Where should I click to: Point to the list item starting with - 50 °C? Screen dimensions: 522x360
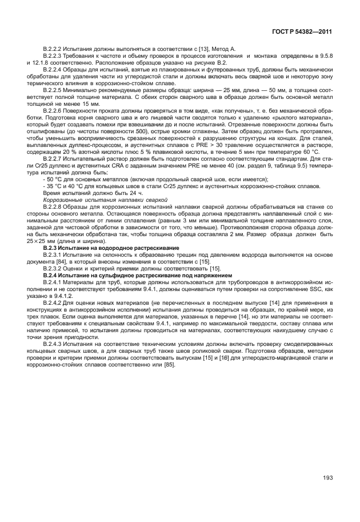click(114, 178)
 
